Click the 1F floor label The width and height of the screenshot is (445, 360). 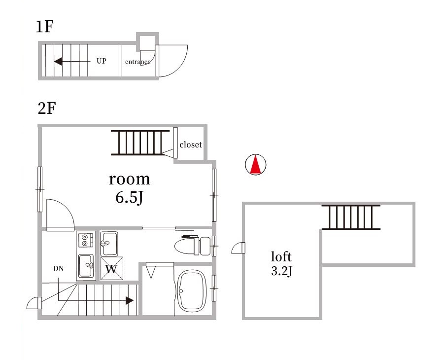pyautogui.click(x=44, y=27)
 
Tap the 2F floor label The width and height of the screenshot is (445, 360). pyautogui.click(x=47, y=108)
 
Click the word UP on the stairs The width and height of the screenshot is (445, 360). pyautogui.click(x=102, y=61)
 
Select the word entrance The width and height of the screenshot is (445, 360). pyautogui.click(x=138, y=62)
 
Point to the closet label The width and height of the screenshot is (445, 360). pyautogui.click(x=191, y=144)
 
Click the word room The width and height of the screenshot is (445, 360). pyautogui.click(x=130, y=179)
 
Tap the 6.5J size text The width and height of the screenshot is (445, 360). pyautogui.click(x=129, y=197)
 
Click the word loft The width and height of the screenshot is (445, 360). pyautogui.click(x=281, y=256)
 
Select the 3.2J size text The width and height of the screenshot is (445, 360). pyautogui.click(x=281, y=271)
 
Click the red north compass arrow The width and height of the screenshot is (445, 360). pyautogui.click(x=256, y=164)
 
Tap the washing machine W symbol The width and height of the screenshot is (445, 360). pyautogui.click(x=112, y=268)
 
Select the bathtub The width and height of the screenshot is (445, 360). pyautogui.click(x=191, y=291)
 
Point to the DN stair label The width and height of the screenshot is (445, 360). pyautogui.click(x=59, y=269)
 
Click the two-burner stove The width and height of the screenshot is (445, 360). pyautogui.click(x=85, y=240)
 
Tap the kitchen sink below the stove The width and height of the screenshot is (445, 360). pyautogui.click(x=86, y=266)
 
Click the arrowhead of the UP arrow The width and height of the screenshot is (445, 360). pyautogui.click(x=58, y=61)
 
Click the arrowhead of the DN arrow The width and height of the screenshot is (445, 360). pyautogui.click(x=130, y=300)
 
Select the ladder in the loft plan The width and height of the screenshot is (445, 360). pyautogui.click(x=351, y=217)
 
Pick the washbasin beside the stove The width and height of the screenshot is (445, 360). pyautogui.click(x=109, y=244)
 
